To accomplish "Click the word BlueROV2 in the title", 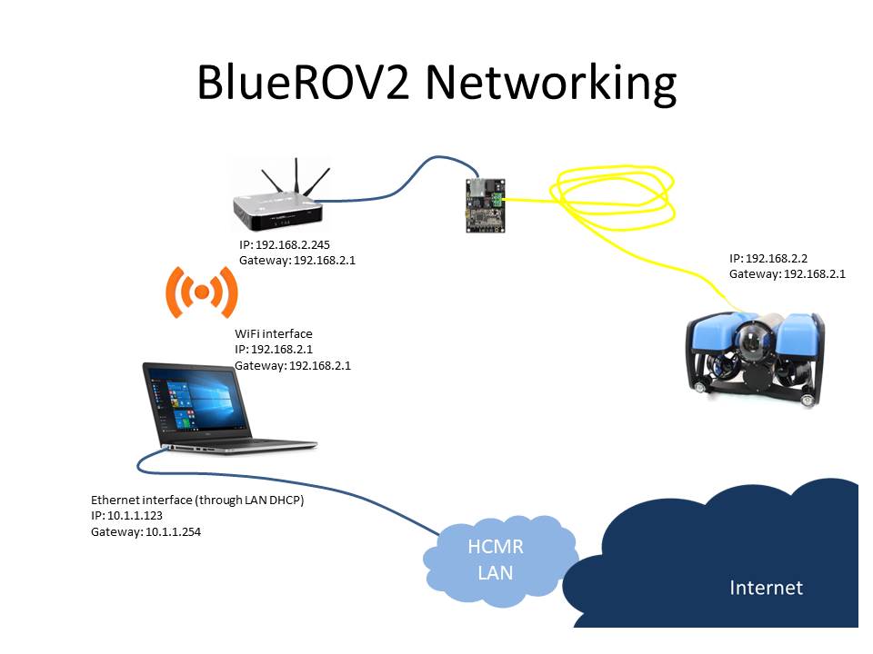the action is tap(303, 83).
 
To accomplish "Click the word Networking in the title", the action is tap(551, 84).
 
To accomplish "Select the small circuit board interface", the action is tap(486, 204).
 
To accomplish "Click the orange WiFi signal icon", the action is tap(202, 292).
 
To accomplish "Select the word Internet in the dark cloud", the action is tap(766, 588).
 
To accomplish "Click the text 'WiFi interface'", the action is tap(274, 333).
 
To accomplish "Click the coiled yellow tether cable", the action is tap(612, 197).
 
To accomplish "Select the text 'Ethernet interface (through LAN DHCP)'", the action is tap(197, 500).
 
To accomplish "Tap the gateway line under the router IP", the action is tap(296, 261).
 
